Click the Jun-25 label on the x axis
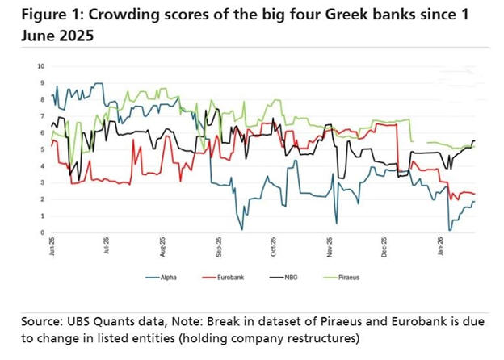(x=52, y=247)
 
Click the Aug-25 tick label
(x=163, y=247)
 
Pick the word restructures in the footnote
(x=321, y=337)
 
